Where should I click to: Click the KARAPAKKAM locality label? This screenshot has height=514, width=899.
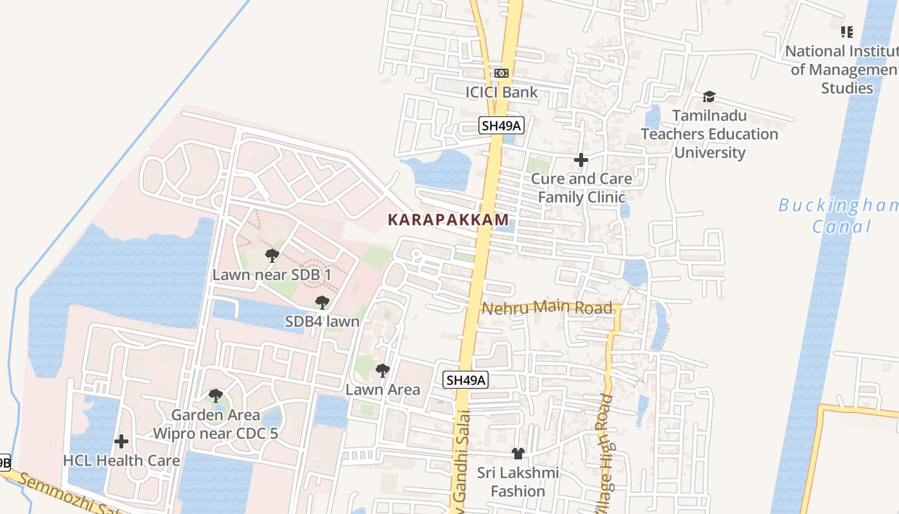tap(448, 220)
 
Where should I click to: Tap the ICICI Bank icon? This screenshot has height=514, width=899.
tap(502, 73)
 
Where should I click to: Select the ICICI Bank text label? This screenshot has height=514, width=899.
tap(502, 93)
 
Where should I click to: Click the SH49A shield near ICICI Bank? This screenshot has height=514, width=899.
tap(502, 126)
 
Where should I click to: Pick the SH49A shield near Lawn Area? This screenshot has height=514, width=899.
tap(466, 380)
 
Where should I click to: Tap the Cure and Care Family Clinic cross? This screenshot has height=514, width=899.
tap(581, 159)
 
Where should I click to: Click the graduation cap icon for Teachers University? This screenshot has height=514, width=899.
tap(709, 97)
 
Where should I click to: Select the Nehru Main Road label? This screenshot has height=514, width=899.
tap(547, 308)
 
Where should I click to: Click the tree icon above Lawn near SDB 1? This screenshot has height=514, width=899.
tap(272, 256)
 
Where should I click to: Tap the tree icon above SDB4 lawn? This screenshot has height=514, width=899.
tap(322, 302)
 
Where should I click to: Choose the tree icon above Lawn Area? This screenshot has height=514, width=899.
tap(383, 371)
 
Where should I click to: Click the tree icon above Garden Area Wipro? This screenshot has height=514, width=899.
tap(216, 396)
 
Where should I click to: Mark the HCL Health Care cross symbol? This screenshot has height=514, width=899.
tap(121, 441)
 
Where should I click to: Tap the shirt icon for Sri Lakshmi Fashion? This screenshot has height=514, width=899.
tap(518, 454)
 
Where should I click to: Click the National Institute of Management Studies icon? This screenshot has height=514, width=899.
tap(847, 31)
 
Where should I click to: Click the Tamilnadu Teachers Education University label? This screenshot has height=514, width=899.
tap(710, 134)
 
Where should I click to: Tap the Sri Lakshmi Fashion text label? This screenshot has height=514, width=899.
tap(518, 483)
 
